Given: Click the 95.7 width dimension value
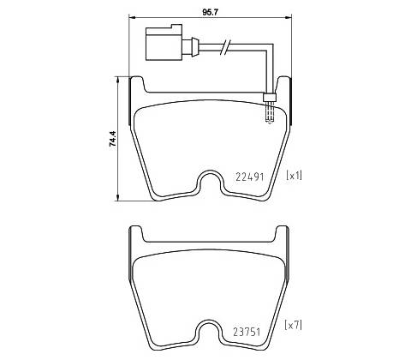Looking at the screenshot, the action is pyautogui.click(x=210, y=12).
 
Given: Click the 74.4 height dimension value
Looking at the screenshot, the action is pyautogui.click(x=113, y=139).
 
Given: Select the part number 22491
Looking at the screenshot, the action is pyautogui.click(x=250, y=177).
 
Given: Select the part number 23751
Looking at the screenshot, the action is pyautogui.click(x=247, y=332).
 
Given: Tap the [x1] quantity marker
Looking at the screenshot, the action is pyautogui.click(x=294, y=175).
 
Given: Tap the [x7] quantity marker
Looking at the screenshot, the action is pyautogui.click(x=293, y=325).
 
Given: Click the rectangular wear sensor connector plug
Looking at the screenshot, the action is pyautogui.click(x=164, y=43).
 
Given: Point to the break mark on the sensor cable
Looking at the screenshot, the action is pyautogui.click(x=225, y=47).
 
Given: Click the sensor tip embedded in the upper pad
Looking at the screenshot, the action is pyautogui.click(x=269, y=114).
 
